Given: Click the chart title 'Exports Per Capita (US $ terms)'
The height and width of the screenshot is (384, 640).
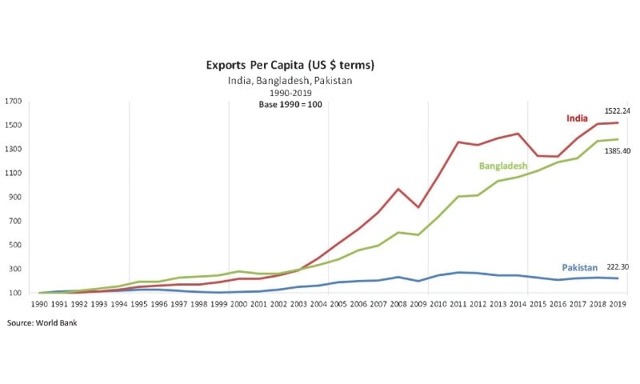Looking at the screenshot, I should click(290, 64).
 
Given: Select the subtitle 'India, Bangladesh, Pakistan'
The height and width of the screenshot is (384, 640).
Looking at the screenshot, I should click(290, 80).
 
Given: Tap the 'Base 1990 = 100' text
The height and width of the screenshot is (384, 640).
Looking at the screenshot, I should click(290, 105).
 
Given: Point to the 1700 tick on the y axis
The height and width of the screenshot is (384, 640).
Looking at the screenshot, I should click(14, 102).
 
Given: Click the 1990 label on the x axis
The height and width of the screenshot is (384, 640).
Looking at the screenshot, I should click(38, 305).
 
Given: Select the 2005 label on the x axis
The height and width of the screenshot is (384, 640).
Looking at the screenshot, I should click(338, 305).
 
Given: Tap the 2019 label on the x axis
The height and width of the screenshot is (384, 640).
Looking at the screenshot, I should click(618, 305).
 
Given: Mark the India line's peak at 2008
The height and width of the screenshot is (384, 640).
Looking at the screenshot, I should click(398, 190).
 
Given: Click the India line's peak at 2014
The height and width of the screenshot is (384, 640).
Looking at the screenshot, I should click(518, 134).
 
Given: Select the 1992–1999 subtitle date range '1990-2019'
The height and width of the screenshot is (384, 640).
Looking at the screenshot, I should click(290, 93).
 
